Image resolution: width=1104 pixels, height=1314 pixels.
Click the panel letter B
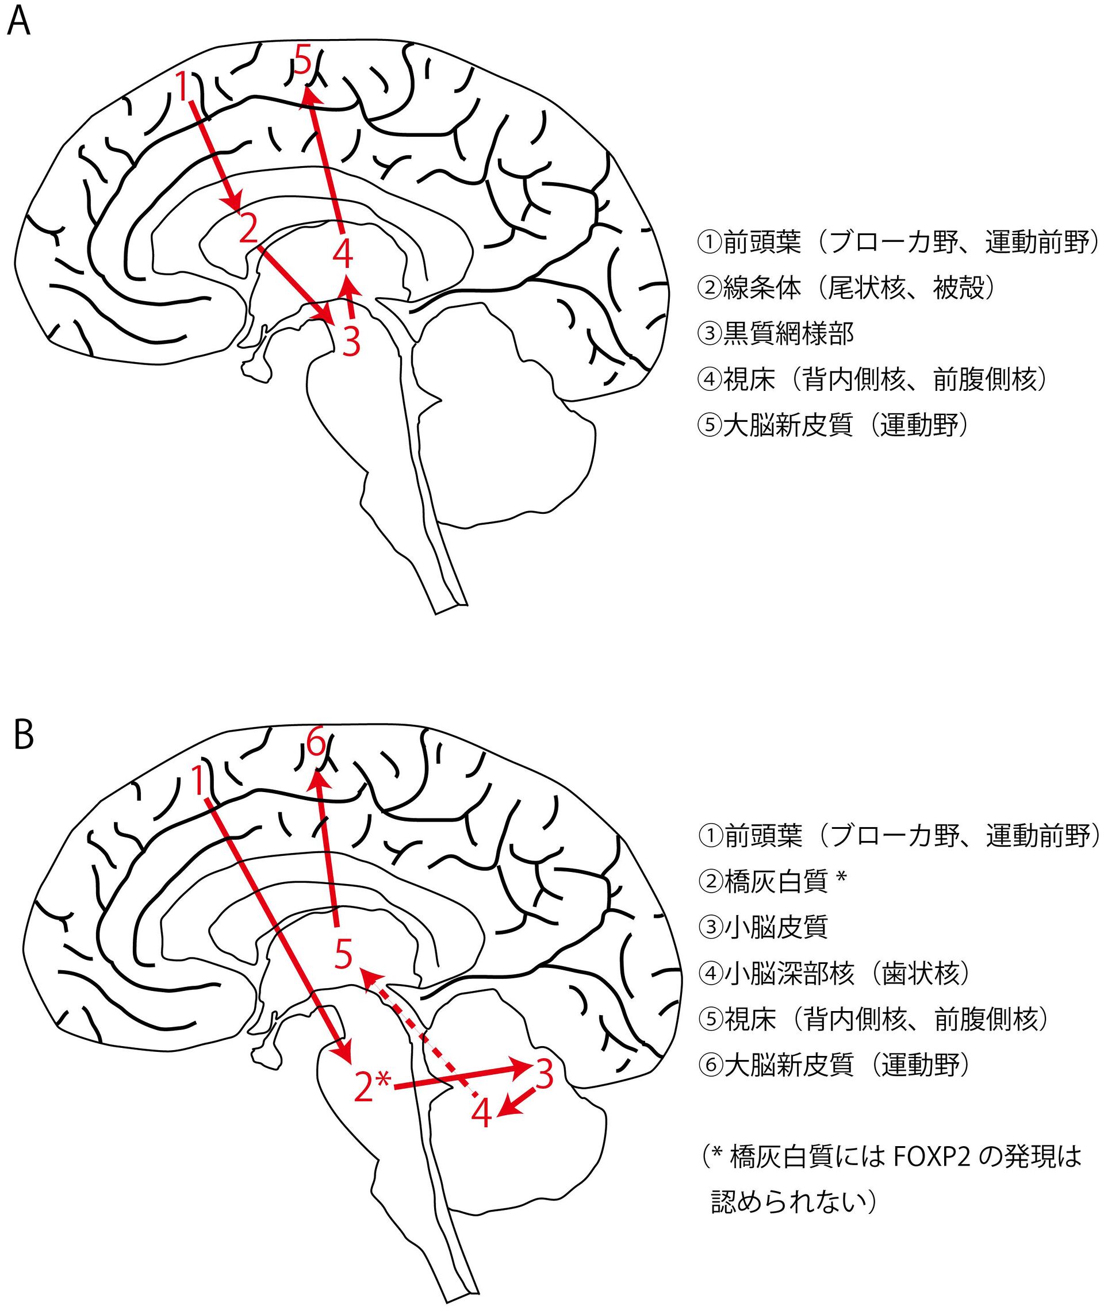coord(23,736)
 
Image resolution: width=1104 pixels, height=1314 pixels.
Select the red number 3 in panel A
coord(351,341)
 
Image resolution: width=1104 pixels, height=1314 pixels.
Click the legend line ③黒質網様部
coord(776,333)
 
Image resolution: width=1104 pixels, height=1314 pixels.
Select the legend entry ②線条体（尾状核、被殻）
coord(845,288)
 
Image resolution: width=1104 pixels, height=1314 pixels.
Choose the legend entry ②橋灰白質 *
coord(773,881)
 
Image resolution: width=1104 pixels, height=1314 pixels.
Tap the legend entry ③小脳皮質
coord(763,927)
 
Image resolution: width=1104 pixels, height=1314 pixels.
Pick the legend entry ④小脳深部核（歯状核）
coord(835,973)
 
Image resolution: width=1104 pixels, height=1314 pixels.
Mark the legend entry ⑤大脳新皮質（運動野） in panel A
coord(833,425)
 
